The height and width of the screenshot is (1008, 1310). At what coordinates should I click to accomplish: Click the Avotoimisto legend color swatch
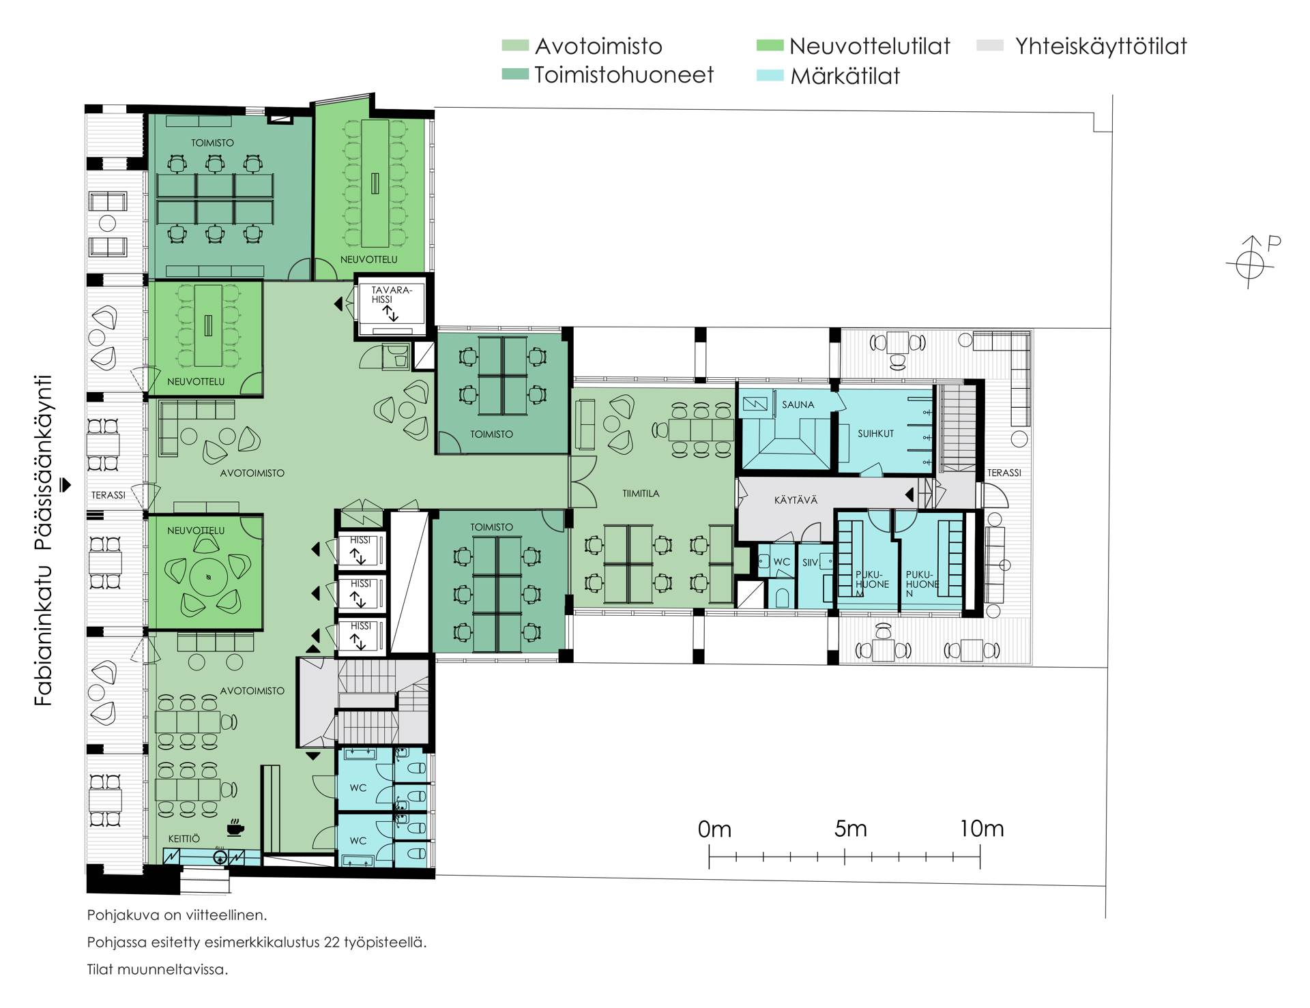514,46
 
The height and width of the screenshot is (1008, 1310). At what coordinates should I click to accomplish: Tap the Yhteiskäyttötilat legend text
1101,46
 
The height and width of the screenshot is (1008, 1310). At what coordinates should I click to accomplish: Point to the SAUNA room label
798,404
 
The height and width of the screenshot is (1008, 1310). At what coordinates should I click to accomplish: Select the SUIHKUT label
875,433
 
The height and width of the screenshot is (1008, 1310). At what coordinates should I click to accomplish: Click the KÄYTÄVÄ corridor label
796,500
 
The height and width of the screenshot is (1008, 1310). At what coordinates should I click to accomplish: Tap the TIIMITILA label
641,493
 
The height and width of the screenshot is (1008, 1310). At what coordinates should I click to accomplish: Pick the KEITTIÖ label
184,839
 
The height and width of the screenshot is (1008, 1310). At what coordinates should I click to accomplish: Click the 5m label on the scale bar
850,829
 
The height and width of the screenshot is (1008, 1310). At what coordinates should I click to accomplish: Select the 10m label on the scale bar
982,829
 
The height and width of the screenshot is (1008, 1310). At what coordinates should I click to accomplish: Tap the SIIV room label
810,563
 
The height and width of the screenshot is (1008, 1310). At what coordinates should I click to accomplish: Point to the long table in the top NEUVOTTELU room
374,183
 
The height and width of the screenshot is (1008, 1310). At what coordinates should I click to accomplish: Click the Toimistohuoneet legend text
624,74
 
